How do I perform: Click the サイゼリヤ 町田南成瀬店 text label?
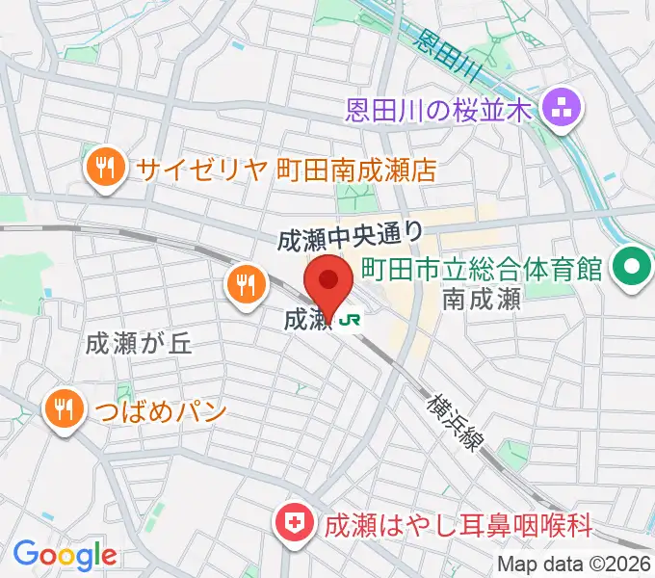pos(286,171)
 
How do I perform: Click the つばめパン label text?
pos(160,411)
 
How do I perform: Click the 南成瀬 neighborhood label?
pos(482,300)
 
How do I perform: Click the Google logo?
pos(65,555)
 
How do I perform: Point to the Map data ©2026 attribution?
pos(574,565)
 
